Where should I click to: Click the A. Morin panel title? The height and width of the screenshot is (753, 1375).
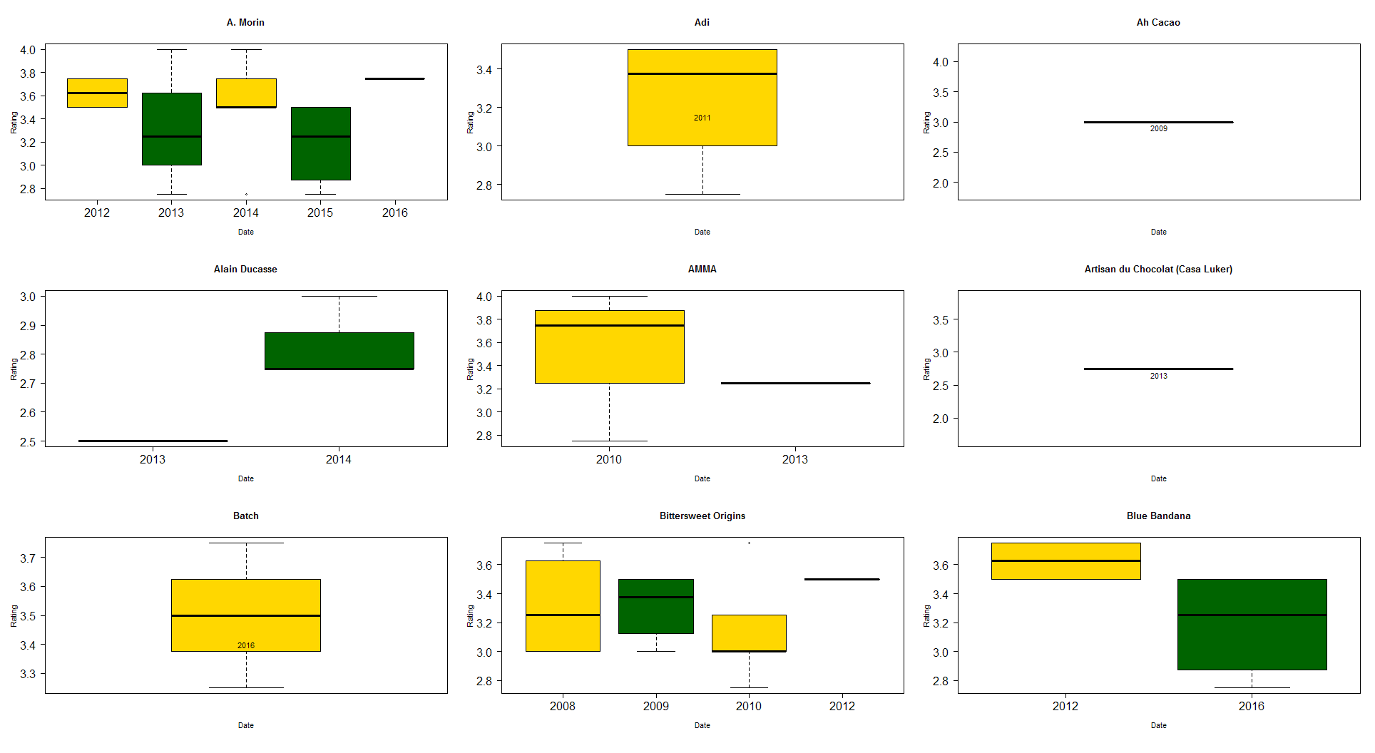click(245, 23)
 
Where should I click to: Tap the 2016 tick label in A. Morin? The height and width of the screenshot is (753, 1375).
click(394, 212)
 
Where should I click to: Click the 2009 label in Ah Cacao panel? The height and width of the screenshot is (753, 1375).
click(1158, 129)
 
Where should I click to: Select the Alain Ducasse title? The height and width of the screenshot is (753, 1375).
click(245, 270)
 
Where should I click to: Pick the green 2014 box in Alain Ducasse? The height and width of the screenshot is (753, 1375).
click(339, 351)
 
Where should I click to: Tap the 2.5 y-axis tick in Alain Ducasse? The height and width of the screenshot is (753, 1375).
click(28, 442)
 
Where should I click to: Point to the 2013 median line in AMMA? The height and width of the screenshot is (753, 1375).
click(795, 384)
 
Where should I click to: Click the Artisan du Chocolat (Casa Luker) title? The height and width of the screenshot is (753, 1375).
click(1158, 270)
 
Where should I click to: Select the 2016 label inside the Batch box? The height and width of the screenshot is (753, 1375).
click(245, 645)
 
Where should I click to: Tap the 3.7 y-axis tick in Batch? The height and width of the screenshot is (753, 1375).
click(28, 558)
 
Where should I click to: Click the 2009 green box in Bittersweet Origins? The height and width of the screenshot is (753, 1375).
click(655, 606)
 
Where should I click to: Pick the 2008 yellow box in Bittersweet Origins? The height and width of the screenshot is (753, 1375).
click(563, 606)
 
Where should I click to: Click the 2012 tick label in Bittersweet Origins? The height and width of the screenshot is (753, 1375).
click(842, 706)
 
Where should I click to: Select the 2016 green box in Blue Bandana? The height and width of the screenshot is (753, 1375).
click(1252, 625)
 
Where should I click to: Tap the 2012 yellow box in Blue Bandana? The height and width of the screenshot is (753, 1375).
click(1065, 561)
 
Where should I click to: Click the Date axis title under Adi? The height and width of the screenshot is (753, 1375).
click(702, 232)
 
